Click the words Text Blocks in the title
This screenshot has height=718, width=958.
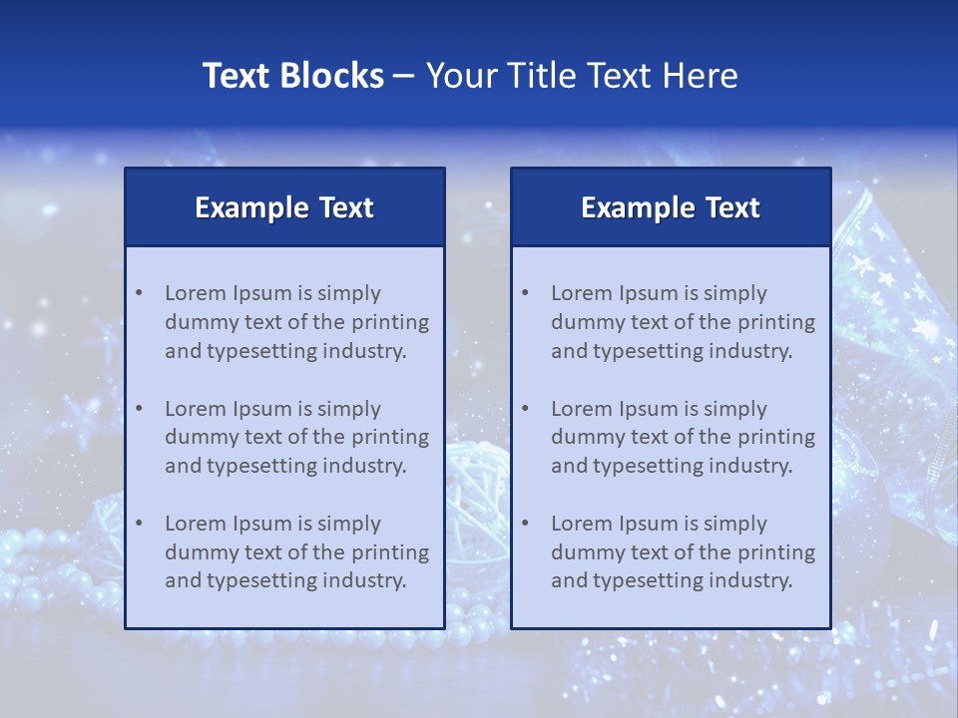[x=292, y=76]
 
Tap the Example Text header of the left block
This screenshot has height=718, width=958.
[x=284, y=207]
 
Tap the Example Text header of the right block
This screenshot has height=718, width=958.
[x=671, y=207]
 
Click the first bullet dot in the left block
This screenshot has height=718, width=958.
[x=139, y=293]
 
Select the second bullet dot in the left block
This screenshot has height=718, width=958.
[x=139, y=409]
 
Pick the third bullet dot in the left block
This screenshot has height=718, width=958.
[x=139, y=524]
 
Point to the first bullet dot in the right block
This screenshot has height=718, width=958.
[x=525, y=293]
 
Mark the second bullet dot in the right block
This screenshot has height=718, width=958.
[x=525, y=409]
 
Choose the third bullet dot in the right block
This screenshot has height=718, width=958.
[x=525, y=524]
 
